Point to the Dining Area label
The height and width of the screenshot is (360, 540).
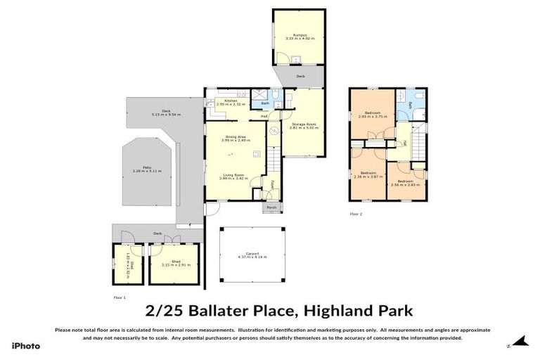(x=236, y=138)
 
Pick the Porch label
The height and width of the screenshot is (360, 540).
(x=271, y=207)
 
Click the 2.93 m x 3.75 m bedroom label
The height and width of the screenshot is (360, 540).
(x=373, y=115)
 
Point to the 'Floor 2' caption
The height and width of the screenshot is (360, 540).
(x=356, y=213)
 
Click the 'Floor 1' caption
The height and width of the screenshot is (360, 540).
(x=120, y=297)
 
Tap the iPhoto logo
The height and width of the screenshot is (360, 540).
(x=26, y=345)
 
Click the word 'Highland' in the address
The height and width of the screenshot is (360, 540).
(x=328, y=310)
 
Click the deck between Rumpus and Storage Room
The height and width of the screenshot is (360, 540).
(x=300, y=75)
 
